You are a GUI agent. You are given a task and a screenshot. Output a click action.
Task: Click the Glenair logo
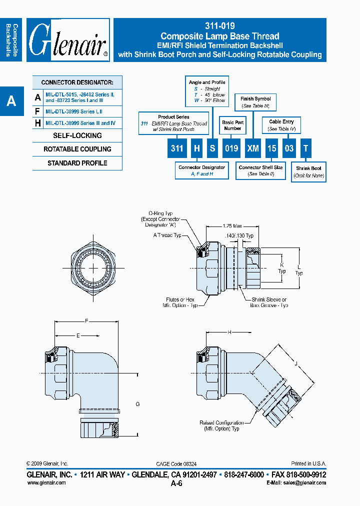[68, 40]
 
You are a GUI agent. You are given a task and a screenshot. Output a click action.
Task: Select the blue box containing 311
[177, 148]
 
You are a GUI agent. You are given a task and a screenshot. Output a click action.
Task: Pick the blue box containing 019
[230, 148]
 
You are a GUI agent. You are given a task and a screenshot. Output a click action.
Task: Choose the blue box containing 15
[271, 148]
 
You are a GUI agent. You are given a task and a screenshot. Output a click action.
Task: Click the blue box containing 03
[289, 148]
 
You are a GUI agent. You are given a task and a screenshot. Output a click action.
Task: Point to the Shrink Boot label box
[308, 171]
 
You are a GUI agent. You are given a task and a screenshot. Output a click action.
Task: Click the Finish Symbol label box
[255, 102]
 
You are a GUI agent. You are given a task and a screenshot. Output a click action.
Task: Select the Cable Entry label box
[281, 125]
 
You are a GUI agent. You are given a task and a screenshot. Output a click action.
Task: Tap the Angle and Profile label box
[206, 91]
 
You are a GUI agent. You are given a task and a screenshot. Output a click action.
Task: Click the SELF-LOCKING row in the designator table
[77, 135]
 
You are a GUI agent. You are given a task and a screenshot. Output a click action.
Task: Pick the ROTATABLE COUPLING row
[77, 149]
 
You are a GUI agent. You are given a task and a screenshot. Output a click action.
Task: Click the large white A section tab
[11, 101]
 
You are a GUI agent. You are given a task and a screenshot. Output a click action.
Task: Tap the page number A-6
[176, 483]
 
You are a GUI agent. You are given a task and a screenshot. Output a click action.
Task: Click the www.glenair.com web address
[46, 482]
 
